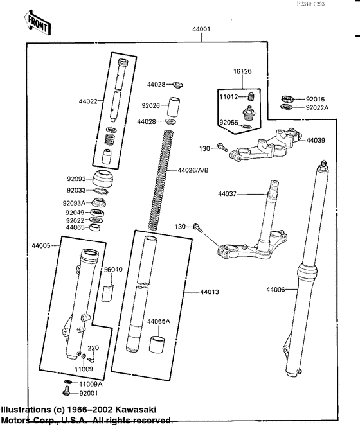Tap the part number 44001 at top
pos(201,30)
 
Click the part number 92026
pos(151,105)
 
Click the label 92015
pos(316,99)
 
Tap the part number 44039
pos(316,139)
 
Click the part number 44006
pos(277,290)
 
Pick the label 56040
pos(113,270)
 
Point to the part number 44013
pos(209,292)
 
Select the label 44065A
pos(158,321)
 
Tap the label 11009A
pos(91,383)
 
